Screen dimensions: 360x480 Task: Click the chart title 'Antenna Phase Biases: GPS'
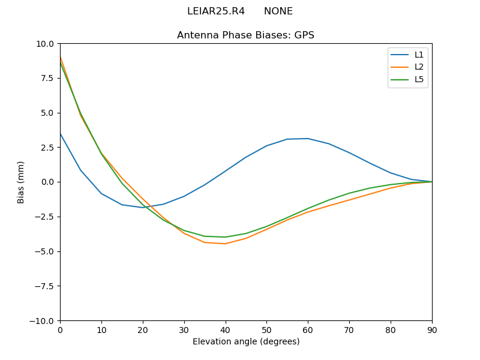(245, 35)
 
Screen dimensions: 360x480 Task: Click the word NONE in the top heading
(278, 11)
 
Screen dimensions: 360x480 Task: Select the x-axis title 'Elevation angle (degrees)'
(246, 342)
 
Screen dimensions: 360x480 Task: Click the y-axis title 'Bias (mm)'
(21, 182)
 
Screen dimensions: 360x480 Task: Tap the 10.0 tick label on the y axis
(46, 44)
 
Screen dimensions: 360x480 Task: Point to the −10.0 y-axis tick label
(43, 320)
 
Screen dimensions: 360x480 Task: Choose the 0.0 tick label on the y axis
(48, 182)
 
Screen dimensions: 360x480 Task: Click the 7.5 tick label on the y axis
(48, 78)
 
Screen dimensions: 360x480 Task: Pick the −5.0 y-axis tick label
(45, 251)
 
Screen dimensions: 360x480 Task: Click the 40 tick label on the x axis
(226, 329)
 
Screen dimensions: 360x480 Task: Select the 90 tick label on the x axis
(432, 329)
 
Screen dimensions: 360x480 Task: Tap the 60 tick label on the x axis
(308, 329)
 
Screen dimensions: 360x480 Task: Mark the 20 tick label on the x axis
(143, 329)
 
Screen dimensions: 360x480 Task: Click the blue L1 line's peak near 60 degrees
(308, 139)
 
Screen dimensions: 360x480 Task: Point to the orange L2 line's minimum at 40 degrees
(226, 244)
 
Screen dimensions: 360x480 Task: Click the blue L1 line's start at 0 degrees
(61, 134)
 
